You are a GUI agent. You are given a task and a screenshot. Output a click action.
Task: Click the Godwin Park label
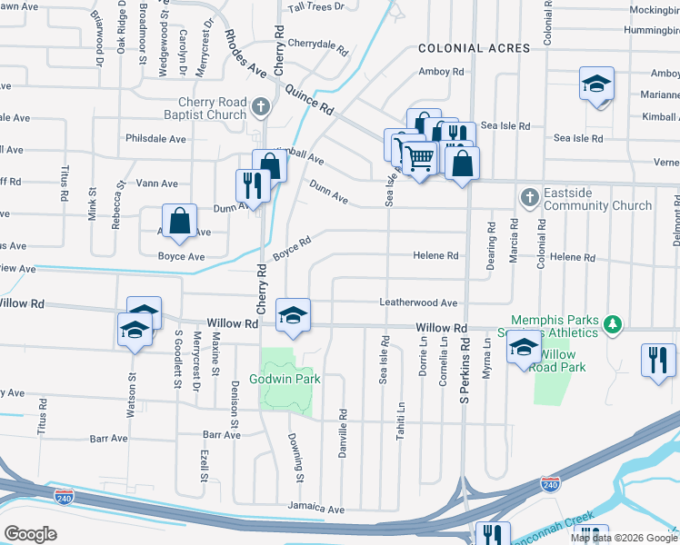(285, 379)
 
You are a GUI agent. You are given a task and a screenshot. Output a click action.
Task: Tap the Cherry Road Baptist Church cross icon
(261, 107)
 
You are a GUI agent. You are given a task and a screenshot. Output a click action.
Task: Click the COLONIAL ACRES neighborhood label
(474, 47)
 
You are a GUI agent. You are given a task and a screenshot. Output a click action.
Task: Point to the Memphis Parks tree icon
(614, 323)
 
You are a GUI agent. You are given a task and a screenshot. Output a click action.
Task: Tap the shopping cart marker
(419, 158)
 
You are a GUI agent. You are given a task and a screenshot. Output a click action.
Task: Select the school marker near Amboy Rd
(596, 84)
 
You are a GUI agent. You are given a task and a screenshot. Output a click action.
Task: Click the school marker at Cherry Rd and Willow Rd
(293, 314)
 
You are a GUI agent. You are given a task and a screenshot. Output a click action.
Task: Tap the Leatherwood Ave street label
(418, 303)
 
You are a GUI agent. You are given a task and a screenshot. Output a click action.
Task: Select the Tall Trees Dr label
(316, 6)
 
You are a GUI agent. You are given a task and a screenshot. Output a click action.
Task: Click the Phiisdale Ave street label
(156, 139)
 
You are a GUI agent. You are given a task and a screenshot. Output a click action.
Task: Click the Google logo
(30, 534)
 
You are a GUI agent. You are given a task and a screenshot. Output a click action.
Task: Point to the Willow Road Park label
(559, 361)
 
